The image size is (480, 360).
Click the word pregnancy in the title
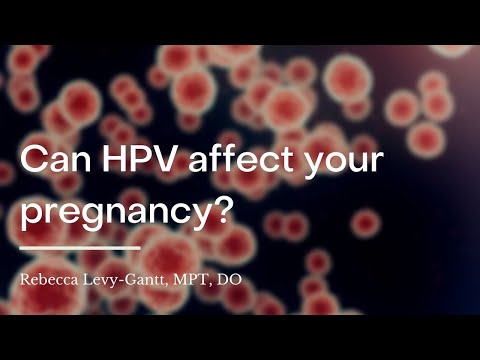130,213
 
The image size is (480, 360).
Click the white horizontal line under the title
80,247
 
